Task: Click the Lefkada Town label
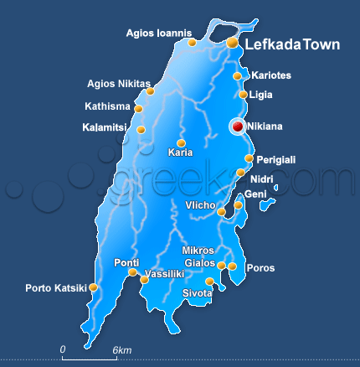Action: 291,44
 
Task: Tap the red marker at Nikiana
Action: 238,127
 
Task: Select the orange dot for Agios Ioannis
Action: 193,42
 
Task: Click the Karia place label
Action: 180,152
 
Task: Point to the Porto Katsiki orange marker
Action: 94,287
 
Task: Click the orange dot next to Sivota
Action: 209,281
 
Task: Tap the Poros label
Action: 261,269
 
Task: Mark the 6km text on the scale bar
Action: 122,349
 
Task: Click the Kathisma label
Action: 107,106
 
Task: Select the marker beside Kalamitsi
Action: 141,130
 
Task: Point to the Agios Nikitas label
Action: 120,83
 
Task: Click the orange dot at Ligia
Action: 243,95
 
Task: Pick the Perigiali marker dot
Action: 249,158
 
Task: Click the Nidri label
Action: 261,178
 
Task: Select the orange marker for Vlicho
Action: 222,212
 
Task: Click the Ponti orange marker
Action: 132,271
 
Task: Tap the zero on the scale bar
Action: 63,349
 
